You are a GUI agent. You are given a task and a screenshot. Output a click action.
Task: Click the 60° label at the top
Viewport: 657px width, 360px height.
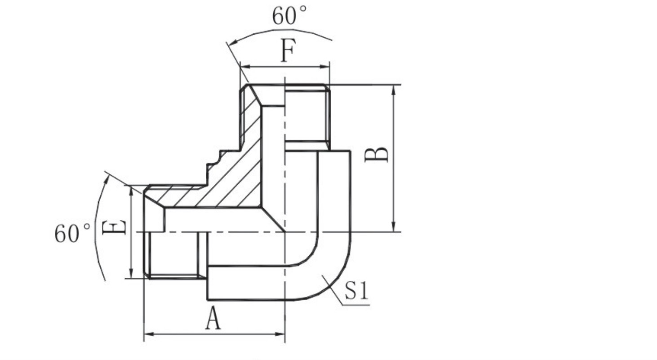tap(289, 16)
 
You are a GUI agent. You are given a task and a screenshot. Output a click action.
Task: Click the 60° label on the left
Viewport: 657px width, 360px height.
tap(72, 233)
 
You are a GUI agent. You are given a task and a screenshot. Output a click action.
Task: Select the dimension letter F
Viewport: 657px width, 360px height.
tap(287, 51)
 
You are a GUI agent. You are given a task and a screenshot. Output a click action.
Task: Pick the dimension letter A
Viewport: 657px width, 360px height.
tap(213, 320)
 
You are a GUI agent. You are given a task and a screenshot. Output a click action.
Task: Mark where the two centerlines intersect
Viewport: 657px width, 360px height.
tap(284, 232)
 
